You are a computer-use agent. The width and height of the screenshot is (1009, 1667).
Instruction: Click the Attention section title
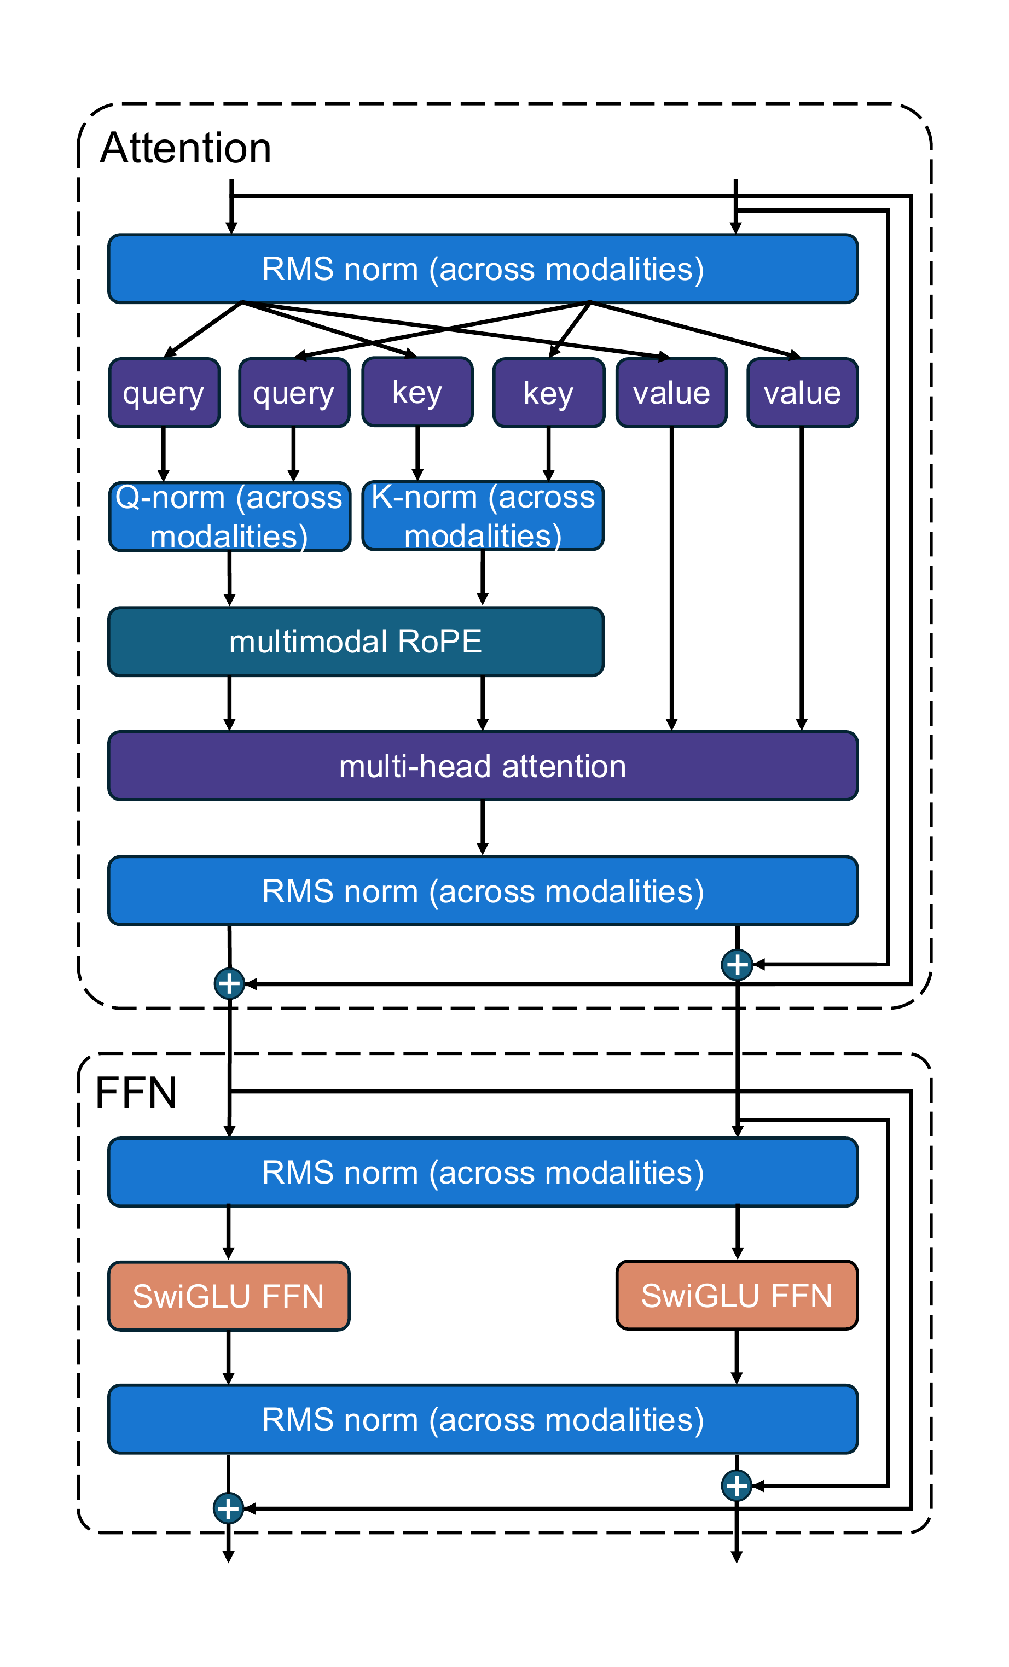(x=185, y=148)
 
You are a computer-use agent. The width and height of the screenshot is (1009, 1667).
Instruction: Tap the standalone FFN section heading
(x=136, y=1092)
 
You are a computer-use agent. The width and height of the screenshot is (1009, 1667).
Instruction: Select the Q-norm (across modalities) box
(x=229, y=517)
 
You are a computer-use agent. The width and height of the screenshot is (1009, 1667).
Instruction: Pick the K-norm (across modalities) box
(x=483, y=516)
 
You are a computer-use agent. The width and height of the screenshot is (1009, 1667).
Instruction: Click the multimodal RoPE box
(x=356, y=642)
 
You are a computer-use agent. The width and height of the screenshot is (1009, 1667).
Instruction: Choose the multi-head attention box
(x=483, y=766)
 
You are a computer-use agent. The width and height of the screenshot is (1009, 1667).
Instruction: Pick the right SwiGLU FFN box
(x=737, y=1296)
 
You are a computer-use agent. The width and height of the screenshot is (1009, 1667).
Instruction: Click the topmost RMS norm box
(x=483, y=269)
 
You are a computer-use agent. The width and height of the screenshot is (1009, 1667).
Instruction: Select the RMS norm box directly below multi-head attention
(x=483, y=891)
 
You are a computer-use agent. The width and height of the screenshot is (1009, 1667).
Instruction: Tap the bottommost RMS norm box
(x=483, y=1419)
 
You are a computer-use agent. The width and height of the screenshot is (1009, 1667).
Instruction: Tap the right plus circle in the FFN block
(x=737, y=1485)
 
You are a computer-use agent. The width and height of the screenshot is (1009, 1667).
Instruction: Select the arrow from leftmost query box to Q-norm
(x=163, y=454)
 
